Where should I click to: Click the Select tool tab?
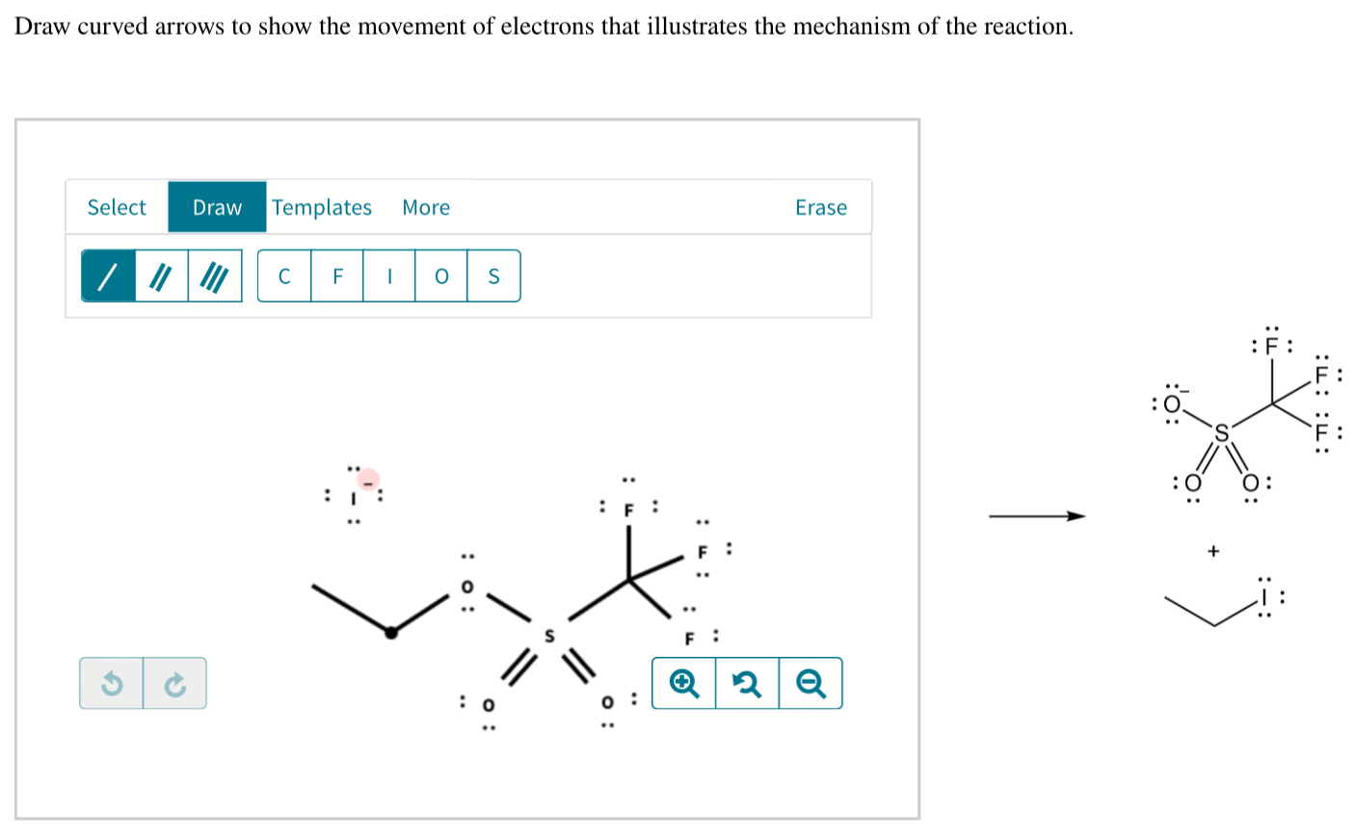point(117,207)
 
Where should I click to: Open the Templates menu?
point(322,207)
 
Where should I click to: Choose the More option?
point(426,207)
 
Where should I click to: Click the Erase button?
point(821,207)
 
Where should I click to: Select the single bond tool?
point(108,276)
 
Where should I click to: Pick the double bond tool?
point(161,276)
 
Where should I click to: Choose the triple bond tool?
point(214,276)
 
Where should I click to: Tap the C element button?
point(284,276)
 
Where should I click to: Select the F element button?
point(337,276)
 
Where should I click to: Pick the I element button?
point(389,276)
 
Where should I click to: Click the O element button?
point(441,276)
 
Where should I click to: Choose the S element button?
point(493,276)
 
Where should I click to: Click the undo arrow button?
point(112,684)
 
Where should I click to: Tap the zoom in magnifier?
point(683,684)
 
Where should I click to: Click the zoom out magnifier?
point(810,684)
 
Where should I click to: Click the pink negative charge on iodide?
point(367,479)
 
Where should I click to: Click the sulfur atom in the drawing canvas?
point(550,637)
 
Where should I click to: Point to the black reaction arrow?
point(1037,517)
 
